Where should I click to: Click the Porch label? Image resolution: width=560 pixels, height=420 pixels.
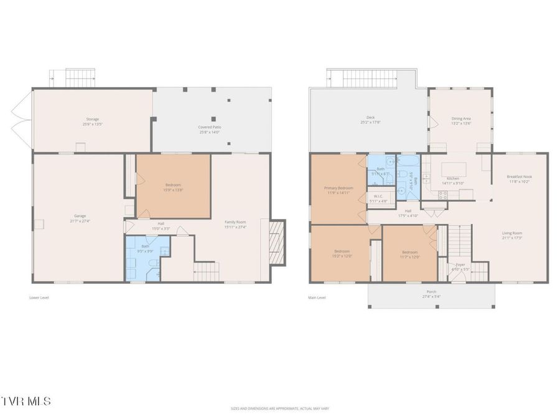(431, 294)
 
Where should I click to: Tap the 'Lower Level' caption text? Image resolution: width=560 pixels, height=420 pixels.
(39, 297)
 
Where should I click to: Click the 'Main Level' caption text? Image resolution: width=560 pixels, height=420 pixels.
(317, 297)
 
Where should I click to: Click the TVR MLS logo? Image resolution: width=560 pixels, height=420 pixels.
(27, 401)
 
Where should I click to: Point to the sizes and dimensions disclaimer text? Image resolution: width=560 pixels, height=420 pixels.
(279, 409)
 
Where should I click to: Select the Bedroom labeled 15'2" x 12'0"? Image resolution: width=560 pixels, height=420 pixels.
(341, 253)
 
